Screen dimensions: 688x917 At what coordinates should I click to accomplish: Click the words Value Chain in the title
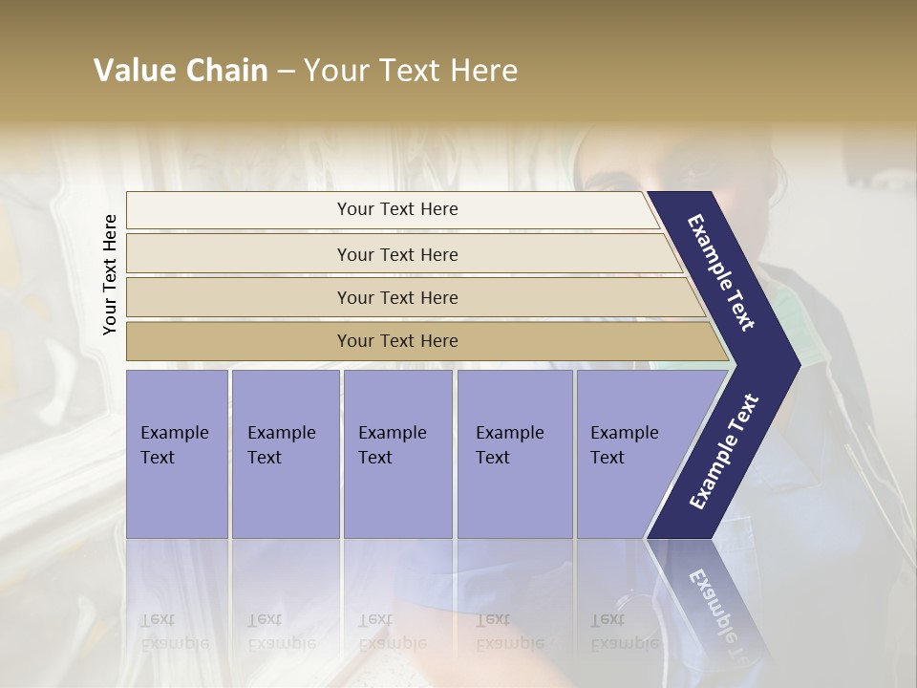(181, 71)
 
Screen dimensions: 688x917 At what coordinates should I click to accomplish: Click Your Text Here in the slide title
(411, 71)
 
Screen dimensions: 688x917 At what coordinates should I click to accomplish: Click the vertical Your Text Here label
(111, 274)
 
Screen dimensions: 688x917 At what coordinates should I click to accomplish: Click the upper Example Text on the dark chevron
(721, 272)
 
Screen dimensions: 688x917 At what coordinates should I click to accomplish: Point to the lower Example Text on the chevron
(724, 451)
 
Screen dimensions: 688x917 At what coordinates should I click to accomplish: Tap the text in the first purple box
(174, 445)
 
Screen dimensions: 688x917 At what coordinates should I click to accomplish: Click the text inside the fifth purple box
(624, 445)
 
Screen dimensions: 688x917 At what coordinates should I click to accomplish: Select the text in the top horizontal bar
(397, 209)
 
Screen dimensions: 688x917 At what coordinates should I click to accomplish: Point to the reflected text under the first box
(174, 632)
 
